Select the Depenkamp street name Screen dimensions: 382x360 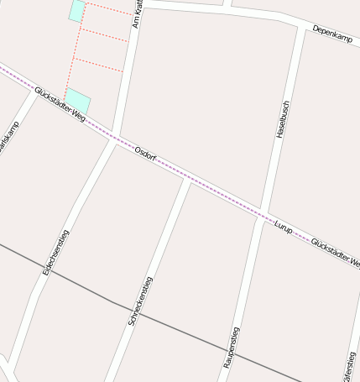click(x=332, y=34)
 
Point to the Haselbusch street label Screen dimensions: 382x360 click(x=282, y=115)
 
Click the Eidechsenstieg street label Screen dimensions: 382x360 click(x=55, y=252)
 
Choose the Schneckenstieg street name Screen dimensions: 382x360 click(x=138, y=301)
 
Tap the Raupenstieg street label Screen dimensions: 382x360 click(x=232, y=348)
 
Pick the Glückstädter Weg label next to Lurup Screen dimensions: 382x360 click(x=334, y=253)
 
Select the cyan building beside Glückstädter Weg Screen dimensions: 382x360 click(x=77, y=100)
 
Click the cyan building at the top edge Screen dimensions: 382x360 click(x=76, y=10)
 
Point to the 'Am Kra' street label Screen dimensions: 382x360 click(x=137, y=13)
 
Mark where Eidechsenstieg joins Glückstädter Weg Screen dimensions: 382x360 click(x=114, y=140)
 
